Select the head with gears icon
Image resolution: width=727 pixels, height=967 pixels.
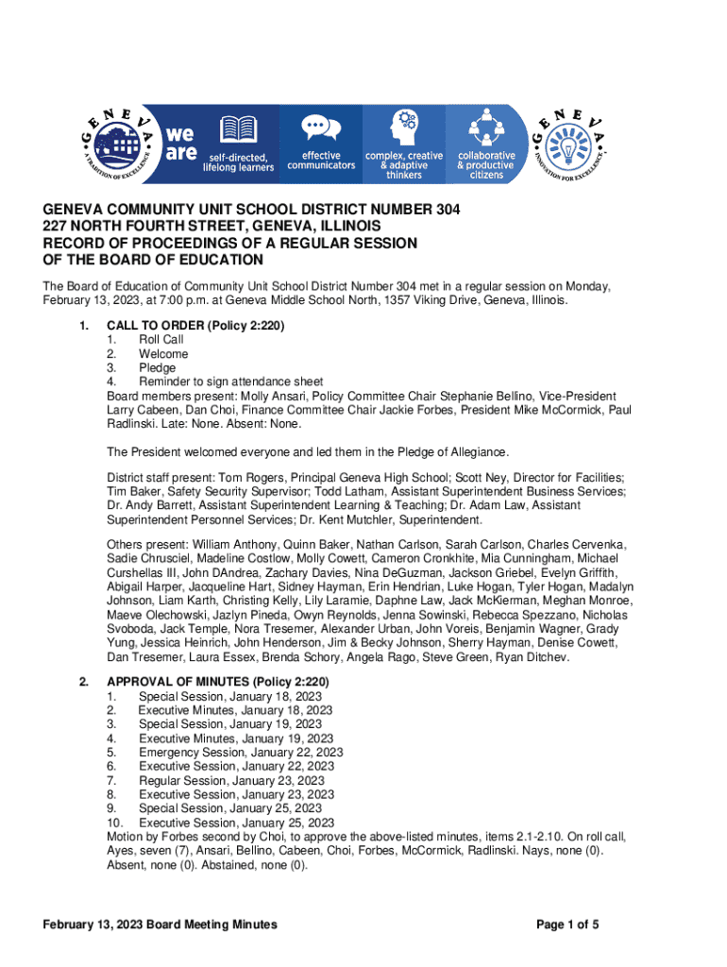click(x=403, y=127)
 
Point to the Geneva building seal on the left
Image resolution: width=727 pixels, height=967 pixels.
click(x=119, y=143)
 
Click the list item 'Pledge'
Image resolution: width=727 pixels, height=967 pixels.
click(x=157, y=367)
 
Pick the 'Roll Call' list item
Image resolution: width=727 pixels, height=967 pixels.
click(x=161, y=340)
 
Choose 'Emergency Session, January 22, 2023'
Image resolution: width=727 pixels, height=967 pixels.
click(x=241, y=753)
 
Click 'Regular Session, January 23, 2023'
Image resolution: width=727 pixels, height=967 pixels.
click(x=231, y=781)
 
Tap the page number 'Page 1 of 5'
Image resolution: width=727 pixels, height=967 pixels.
click(x=567, y=925)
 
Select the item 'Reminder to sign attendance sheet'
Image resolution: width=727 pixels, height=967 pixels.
click(x=231, y=382)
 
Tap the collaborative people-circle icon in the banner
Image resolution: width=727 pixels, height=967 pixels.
click(x=485, y=127)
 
